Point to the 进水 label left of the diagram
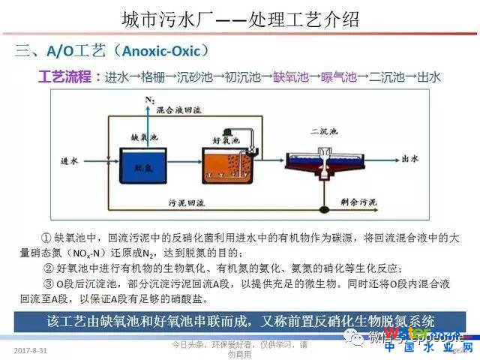point(70,160)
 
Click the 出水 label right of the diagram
point(409,159)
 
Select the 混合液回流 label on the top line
point(178,110)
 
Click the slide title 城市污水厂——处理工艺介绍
point(240,19)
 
